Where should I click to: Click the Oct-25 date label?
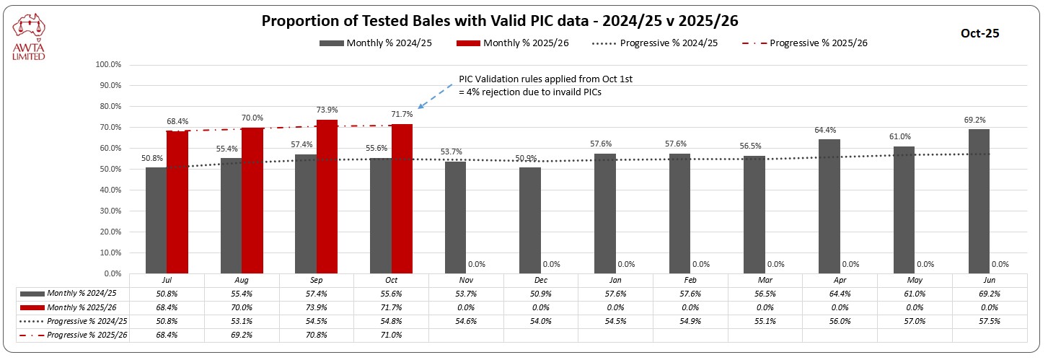point(979,32)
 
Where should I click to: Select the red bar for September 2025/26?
point(327,196)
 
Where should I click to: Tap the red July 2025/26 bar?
point(177,202)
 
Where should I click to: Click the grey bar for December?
point(529,220)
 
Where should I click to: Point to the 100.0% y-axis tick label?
point(108,64)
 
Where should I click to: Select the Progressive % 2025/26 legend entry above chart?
point(805,43)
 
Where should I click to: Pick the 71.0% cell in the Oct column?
point(391,335)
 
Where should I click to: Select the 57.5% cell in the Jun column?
point(990,321)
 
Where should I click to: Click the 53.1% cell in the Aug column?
point(242,321)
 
